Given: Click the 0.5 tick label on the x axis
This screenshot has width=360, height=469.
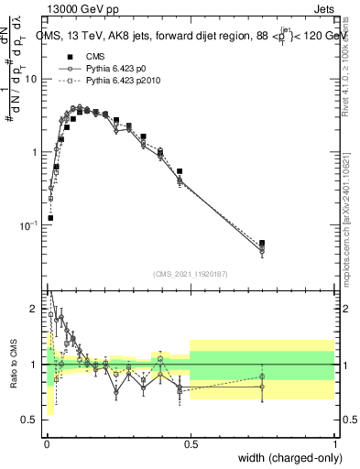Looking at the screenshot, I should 191,443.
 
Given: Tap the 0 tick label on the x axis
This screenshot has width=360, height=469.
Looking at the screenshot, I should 47,443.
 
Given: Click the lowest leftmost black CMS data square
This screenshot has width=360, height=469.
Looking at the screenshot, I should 49,218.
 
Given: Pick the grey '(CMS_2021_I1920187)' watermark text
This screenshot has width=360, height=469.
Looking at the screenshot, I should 190,274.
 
